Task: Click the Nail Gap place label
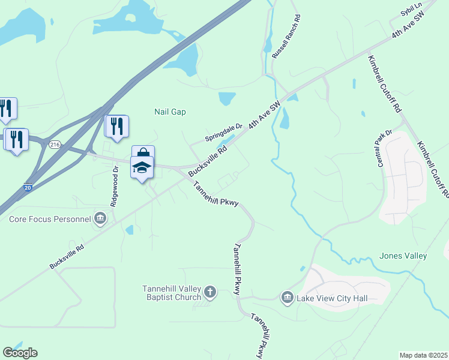pyautogui.click(x=170, y=112)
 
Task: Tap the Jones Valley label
pyautogui.click(x=403, y=256)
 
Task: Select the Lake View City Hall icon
pyautogui.click(x=287, y=297)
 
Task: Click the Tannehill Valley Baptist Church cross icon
pyautogui.click(x=209, y=292)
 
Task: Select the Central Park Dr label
pyautogui.click(x=384, y=148)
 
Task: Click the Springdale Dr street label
pyautogui.click(x=223, y=132)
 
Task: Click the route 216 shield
pyautogui.click(x=55, y=145)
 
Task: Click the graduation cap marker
pyautogui.click(x=142, y=168)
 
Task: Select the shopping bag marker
pyautogui.click(x=143, y=155)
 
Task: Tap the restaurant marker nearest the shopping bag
pyautogui.click(x=117, y=126)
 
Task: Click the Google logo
pyautogui.click(x=20, y=353)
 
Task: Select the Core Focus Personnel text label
pyautogui.click(x=50, y=219)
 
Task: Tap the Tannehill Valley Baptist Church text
pyautogui.click(x=170, y=292)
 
